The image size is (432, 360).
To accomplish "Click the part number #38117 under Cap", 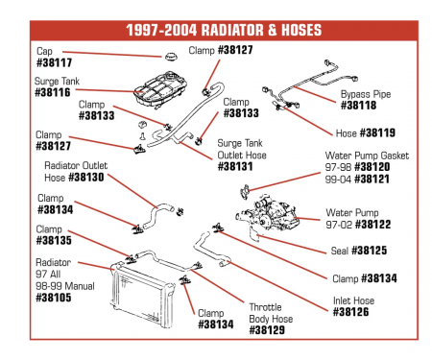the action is [55, 62].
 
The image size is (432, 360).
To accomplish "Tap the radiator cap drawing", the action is [171, 57].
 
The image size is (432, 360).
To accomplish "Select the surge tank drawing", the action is [160, 91].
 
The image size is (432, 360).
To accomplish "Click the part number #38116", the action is [53, 92].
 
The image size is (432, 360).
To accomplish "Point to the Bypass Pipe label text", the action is [366, 94].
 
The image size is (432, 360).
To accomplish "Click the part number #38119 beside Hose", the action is [378, 132].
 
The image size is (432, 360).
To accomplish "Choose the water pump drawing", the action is [269, 214].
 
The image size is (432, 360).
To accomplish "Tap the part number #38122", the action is [373, 225].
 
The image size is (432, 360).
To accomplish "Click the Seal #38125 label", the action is [359, 251].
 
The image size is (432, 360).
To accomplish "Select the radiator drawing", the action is [142, 295].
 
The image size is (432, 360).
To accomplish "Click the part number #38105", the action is [54, 298].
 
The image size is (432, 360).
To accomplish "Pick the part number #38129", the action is [267, 330].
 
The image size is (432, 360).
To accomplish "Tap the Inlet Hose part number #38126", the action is [350, 312].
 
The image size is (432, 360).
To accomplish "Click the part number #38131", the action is [235, 166].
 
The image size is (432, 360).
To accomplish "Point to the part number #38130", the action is [86, 178].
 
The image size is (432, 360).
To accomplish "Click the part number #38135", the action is [54, 240].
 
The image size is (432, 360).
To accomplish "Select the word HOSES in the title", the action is [301, 30].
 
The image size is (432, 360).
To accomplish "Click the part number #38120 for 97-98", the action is [372, 167].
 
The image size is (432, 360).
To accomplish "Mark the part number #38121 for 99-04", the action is [372, 179].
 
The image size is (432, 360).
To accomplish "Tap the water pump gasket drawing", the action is [245, 192].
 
